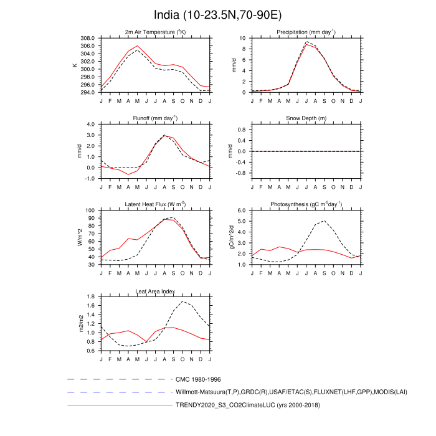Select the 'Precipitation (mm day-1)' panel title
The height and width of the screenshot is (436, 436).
click(306, 32)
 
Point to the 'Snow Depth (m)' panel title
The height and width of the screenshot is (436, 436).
click(306, 118)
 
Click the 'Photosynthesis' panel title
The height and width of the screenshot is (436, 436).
click(306, 204)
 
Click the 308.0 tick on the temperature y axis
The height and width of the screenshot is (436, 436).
click(90, 38)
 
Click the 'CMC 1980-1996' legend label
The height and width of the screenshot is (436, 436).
click(199, 379)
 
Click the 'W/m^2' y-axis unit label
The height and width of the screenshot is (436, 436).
click(80, 237)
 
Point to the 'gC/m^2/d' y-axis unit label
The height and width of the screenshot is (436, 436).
click(232, 237)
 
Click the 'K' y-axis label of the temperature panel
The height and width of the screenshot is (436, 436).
click(75, 65)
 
